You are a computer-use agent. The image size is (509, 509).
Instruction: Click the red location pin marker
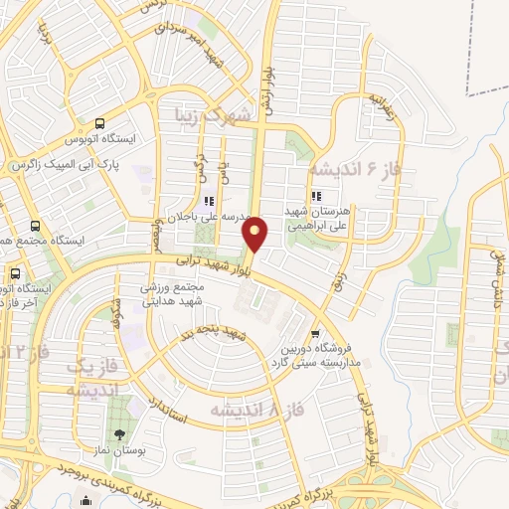256,234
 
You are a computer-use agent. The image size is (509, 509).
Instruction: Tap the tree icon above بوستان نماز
120,434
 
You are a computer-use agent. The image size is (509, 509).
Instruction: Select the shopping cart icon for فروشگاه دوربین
315,334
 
